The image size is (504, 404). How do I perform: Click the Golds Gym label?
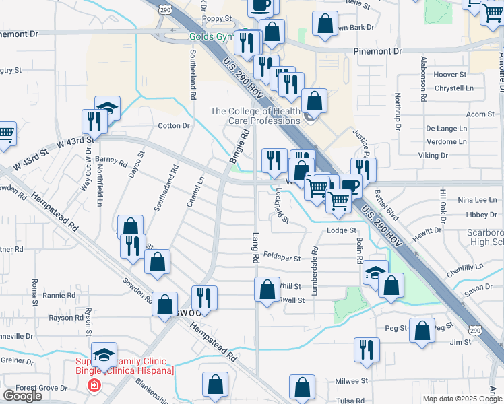point(211,36)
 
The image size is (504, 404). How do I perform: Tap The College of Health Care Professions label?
point(255,116)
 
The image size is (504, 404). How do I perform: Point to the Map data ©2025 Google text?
point(462,398)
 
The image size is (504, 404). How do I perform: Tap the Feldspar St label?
point(281,256)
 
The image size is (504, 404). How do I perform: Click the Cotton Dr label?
point(173,126)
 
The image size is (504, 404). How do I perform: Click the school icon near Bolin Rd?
point(375,273)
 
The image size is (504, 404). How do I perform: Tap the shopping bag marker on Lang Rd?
point(267,290)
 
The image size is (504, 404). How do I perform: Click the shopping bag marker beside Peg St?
point(422,331)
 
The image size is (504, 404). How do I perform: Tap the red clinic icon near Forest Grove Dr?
point(94,386)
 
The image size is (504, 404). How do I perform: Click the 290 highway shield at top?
point(165,8)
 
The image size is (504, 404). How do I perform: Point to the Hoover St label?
point(451,75)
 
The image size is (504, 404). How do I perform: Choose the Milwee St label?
point(351,380)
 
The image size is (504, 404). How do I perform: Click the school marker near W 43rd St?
point(107,108)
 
